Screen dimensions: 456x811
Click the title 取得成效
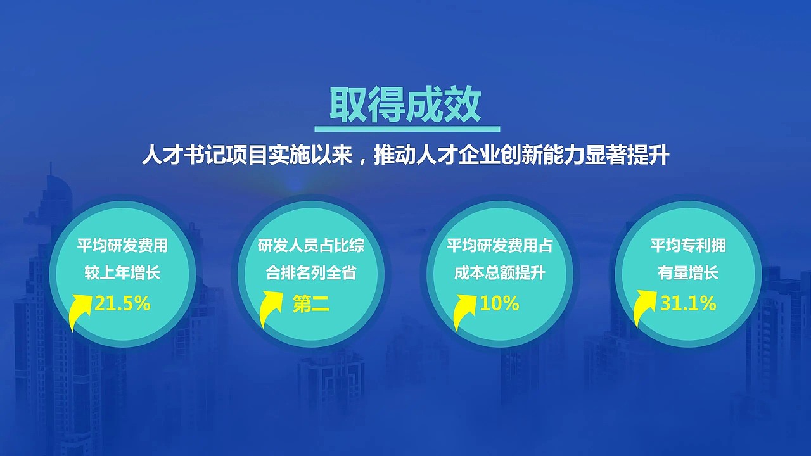[x=405, y=106]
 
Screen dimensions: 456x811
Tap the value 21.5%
[x=122, y=304]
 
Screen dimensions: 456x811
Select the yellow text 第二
[x=311, y=304]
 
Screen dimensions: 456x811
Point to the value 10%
[x=499, y=304]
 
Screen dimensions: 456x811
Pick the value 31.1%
[x=688, y=304]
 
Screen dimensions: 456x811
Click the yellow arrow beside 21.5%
[x=81, y=309]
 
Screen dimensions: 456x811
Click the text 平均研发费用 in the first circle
[x=122, y=246]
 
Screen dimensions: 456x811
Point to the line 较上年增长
[x=122, y=274]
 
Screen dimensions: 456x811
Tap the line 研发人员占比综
[x=311, y=246]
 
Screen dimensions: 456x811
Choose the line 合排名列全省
[x=311, y=274]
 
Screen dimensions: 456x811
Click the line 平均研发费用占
[x=499, y=246]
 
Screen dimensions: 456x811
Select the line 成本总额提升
[x=499, y=274]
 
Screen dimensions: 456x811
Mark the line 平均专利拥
[x=688, y=246]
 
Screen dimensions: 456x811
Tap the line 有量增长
[x=688, y=274]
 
